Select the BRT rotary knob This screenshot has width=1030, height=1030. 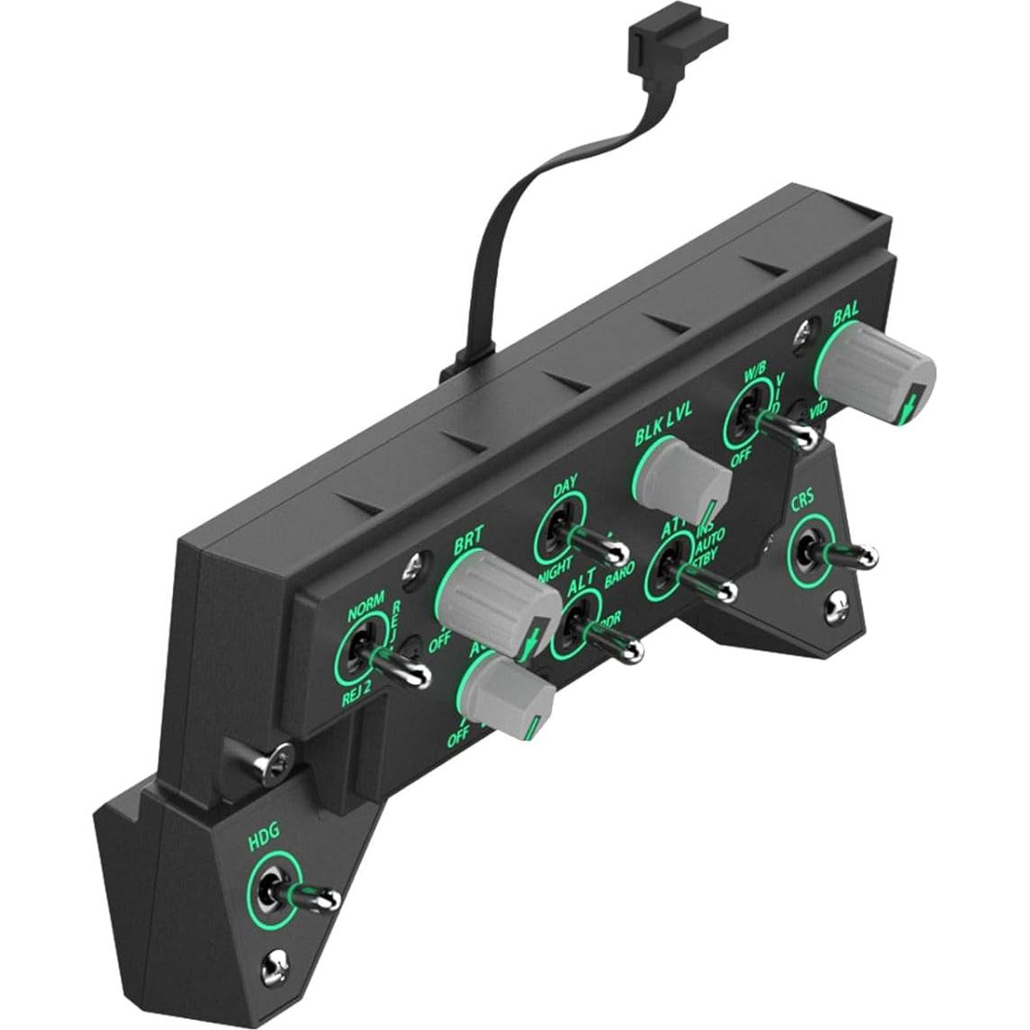pyautogui.click(x=495, y=594)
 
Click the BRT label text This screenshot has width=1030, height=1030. pyautogui.click(x=467, y=543)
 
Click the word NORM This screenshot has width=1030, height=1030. pyautogui.click(x=366, y=601)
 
